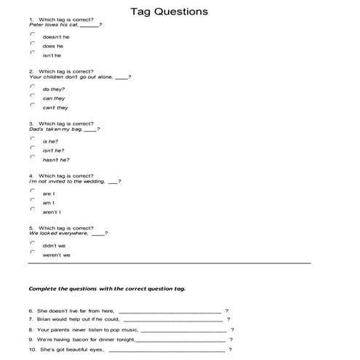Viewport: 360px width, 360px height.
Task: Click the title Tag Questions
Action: tap(169, 11)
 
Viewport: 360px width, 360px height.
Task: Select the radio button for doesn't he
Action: tap(33, 34)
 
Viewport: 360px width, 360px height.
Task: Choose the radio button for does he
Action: tap(33, 44)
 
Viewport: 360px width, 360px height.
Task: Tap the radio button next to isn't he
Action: tap(33, 53)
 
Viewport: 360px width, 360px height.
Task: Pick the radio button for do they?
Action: tap(33, 87)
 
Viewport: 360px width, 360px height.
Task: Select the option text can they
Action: tap(54, 98)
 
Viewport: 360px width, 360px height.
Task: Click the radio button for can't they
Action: tap(33, 105)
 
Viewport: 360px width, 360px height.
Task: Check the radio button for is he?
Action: tap(33, 138)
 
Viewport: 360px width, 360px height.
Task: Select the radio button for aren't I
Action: tap(33, 209)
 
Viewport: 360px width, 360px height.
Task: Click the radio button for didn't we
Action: tap(33, 243)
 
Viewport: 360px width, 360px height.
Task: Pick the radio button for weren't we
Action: tap(33, 252)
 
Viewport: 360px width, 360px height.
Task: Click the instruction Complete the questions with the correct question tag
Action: tap(106, 288)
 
